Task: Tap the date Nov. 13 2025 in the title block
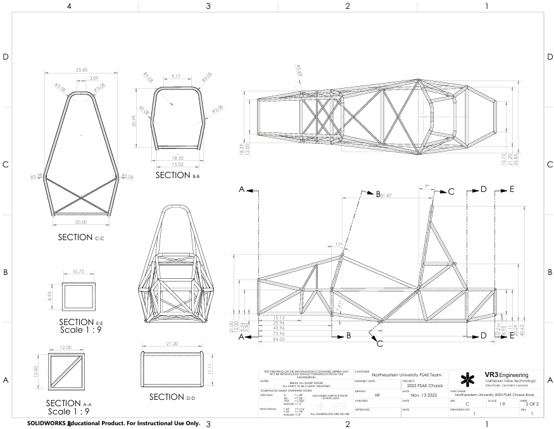pyautogui.click(x=424, y=395)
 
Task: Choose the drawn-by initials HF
pyautogui.click(x=377, y=395)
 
